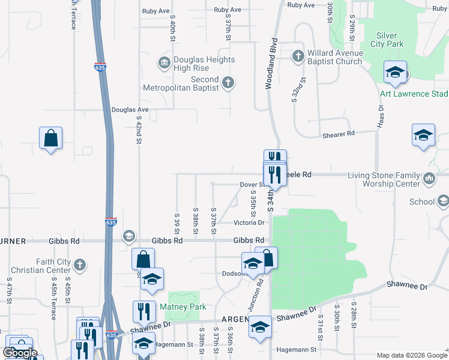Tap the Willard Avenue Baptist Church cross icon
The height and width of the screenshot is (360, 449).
coord(298,56)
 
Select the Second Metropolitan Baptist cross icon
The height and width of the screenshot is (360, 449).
coord(228,83)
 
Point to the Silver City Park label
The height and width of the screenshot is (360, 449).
coord(390,40)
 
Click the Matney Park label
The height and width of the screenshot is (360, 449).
coord(183,307)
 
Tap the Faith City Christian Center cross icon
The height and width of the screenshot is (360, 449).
coord(80,264)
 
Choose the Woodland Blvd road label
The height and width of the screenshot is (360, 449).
coord(271,64)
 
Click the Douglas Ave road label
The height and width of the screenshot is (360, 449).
coord(130,110)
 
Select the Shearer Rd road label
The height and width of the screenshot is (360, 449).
coord(339,134)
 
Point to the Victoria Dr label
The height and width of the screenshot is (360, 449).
coord(249,223)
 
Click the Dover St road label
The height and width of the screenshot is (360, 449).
coord(252,185)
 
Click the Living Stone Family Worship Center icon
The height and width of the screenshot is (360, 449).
coord(429,178)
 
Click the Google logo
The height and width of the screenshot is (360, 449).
coord(20,352)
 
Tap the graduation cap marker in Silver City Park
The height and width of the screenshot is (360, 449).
coord(395,73)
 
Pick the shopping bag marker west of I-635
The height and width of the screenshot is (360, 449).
coord(51,139)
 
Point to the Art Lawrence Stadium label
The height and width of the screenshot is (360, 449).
coord(414,94)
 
